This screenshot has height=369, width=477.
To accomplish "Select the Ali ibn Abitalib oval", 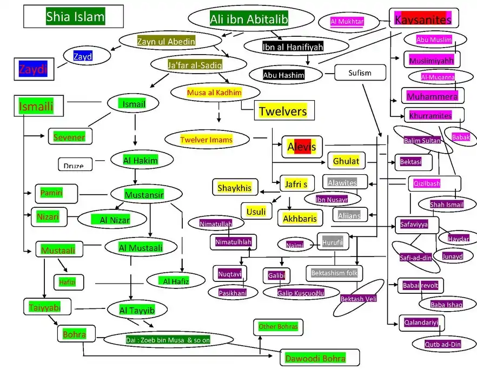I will [249, 19].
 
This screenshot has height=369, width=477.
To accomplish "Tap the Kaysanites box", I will [423, 20].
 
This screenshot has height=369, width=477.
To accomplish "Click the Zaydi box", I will [34, 69].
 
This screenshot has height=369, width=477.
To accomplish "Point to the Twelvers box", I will [282, 111].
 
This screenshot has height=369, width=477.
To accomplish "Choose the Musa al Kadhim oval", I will [214, 93].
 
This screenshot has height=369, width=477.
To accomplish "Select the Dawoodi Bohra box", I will [320, 358].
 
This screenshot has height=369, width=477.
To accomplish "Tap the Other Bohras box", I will [277, 327].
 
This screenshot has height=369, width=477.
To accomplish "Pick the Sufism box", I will [360, 73].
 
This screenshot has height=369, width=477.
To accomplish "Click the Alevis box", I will [301, 147].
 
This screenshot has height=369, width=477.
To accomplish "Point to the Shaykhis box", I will [235, 188].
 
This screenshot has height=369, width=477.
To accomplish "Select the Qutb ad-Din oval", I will [443, 344].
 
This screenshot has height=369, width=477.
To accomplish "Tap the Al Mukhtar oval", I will [347, 22].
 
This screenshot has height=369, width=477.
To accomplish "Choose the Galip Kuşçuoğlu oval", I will [293, 293].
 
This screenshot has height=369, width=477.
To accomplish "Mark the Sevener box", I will [69, 137].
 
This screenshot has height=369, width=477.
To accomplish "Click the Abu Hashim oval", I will [284, 75].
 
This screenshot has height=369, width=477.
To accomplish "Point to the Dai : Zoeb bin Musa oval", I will [168, 340].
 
